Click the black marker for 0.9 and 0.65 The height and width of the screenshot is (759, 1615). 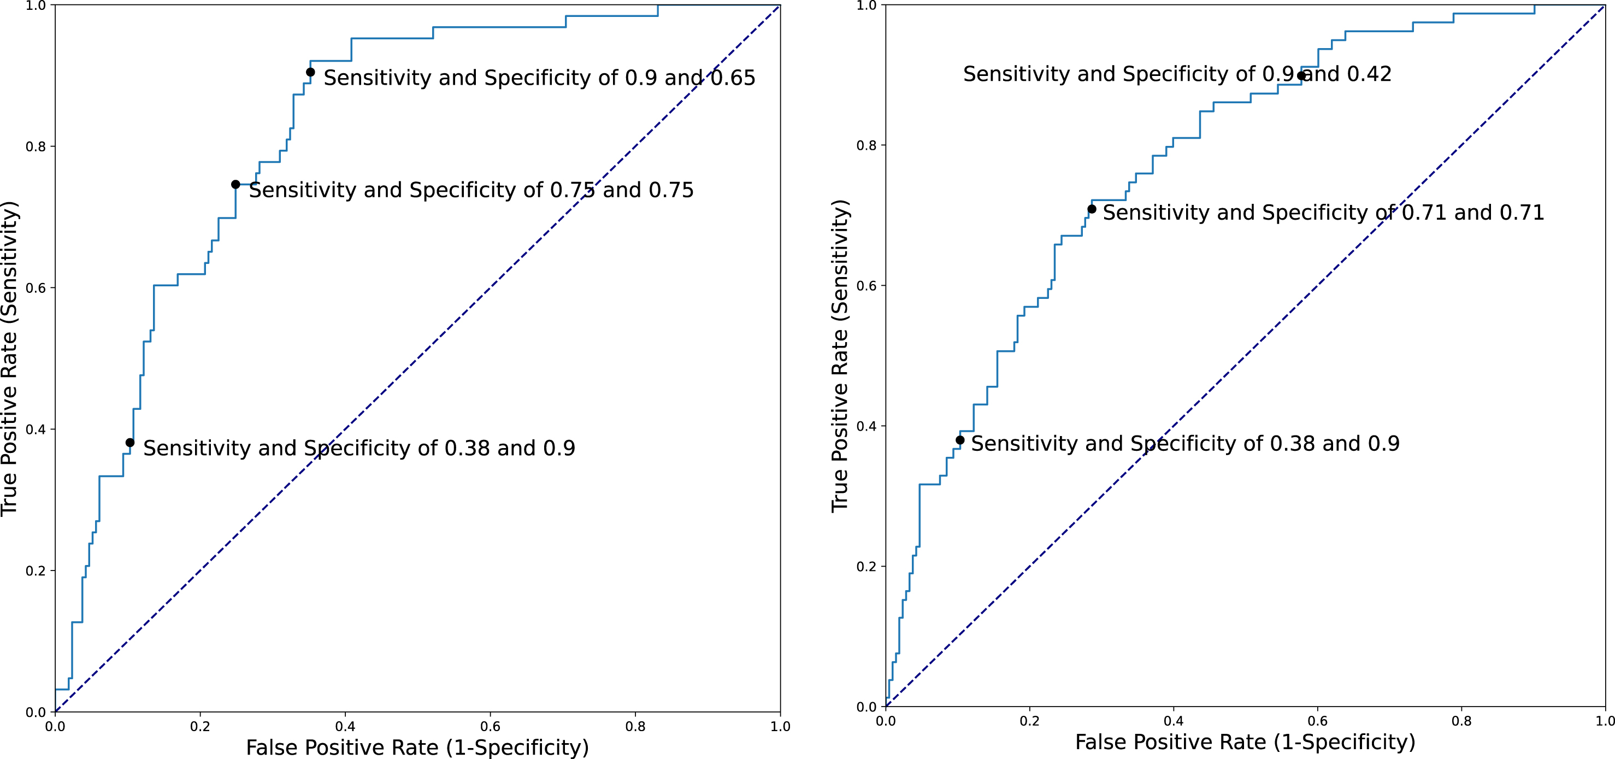pyautogui.click(x=310, y=72)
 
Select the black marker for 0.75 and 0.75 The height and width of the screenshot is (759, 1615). pyautogui.click(x=235, y=184)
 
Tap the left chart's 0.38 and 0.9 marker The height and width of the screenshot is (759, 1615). pyautogui.click(x=130, y=443)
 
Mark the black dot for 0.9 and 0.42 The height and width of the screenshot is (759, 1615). pyautogui.click(x=1301, y=76)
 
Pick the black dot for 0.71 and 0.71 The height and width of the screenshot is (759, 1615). pyautogui.click(x=1092, y=209)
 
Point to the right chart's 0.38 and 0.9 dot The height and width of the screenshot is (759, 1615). pyautogui.click(x=960, y=440)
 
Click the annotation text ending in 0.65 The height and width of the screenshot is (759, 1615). pyautogui.click(x=539, y=78)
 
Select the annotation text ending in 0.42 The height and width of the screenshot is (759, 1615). pyautogui.click(x=1177, y=74)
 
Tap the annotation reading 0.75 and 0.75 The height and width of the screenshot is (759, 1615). pyautogui.click(x=471, y=191)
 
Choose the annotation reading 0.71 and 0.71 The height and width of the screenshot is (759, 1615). pyautogui.click(x=1323, y=213)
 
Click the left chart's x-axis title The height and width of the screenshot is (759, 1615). pyautogui.click(x=417, y=748)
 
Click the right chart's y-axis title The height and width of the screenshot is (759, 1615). pyautogui.click(x=841, y=356)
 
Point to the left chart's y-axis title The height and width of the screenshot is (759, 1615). pyautogui.click(x=9, y=359)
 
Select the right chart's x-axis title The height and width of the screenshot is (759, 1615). pyautogui.click(x=1245, y=742)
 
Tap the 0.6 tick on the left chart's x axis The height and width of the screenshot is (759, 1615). pyautogui.click(x=490, y=726)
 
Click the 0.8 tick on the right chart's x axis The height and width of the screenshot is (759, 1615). pyautogui.click(x=1461, y=721)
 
